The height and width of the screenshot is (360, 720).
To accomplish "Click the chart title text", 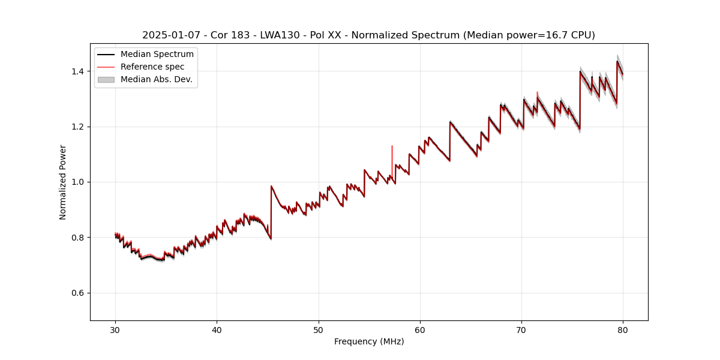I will coord(368,35).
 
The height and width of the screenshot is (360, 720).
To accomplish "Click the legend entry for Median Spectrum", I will coord(157,55).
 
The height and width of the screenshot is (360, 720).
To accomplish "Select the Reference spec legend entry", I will coord(152,67).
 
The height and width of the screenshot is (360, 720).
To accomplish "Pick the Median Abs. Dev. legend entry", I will coord(156,79).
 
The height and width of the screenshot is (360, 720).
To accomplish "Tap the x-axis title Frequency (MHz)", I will coord(369,341).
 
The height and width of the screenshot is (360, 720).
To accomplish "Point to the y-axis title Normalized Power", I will coord(63,182).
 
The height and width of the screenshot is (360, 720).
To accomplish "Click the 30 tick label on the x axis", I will coord(116,329).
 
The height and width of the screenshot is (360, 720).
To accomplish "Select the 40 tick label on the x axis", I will coord(217,329).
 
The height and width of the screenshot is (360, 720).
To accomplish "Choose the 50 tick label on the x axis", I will coord(319,329).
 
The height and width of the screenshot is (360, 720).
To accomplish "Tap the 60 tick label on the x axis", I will coord(420,329).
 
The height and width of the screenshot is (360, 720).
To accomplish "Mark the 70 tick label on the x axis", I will coord(521,329).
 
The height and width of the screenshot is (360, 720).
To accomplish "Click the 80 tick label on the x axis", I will coord(623,329).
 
